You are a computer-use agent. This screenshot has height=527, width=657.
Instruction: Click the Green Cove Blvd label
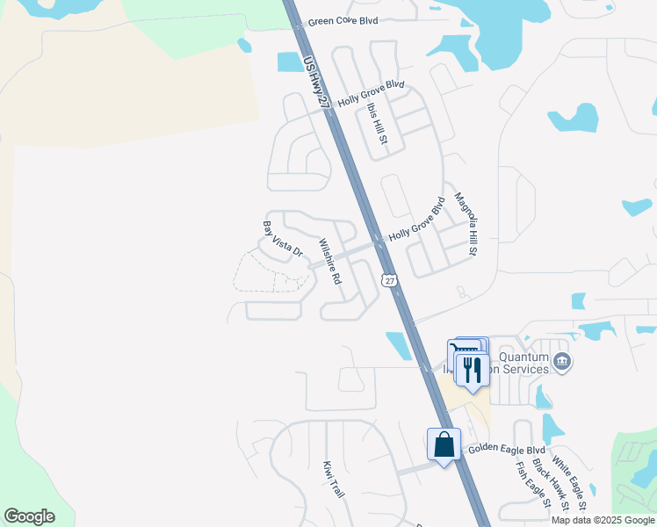342,19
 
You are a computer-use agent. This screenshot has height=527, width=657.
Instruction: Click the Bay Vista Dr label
282,239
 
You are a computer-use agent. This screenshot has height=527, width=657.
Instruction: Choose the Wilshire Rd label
329,262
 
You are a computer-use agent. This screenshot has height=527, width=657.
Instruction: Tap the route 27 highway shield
387,279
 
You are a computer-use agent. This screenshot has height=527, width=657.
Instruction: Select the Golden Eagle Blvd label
507,449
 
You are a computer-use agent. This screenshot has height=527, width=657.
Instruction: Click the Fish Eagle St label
531,485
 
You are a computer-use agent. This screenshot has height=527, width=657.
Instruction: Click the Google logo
29,516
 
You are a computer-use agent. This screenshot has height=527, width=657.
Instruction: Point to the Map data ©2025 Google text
603,520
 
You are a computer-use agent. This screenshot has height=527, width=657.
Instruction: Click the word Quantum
523,357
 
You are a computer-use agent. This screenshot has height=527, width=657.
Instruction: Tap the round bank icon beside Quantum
562,361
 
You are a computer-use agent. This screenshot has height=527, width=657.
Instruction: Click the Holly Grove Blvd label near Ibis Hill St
371,93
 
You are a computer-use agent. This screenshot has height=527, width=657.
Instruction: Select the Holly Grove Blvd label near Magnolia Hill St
417,220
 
